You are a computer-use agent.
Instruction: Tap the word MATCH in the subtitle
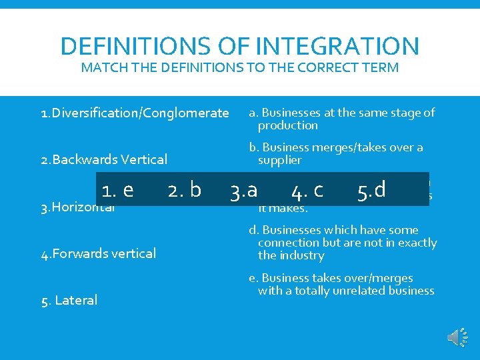tap(103, 67)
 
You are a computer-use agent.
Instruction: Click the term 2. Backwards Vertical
tap(104, 159)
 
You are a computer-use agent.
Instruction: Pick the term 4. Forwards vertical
tap(99, 253)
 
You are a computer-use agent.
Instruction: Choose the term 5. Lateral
tap(69, 300)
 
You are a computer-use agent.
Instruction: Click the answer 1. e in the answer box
tap(117, 190)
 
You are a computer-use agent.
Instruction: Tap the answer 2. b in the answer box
tap(184, 190)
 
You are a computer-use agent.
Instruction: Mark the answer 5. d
tap(371, 190)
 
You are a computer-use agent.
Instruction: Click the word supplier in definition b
tap(280, 160)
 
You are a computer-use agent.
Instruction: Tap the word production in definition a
tap(288, 125)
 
